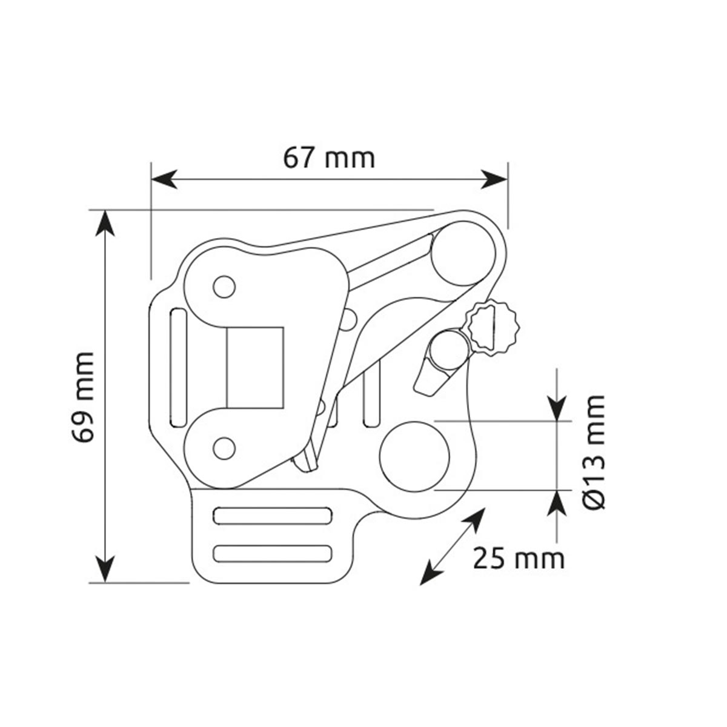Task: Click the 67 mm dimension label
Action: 329,159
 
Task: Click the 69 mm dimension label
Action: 82,397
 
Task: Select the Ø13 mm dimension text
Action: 593,453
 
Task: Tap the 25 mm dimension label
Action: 519,559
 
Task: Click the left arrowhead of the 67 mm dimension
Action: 164,179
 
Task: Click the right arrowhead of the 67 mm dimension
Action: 494,179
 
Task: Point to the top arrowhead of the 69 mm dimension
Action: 105,224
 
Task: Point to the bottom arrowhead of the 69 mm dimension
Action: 105,569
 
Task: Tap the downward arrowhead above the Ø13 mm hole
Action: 557,408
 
